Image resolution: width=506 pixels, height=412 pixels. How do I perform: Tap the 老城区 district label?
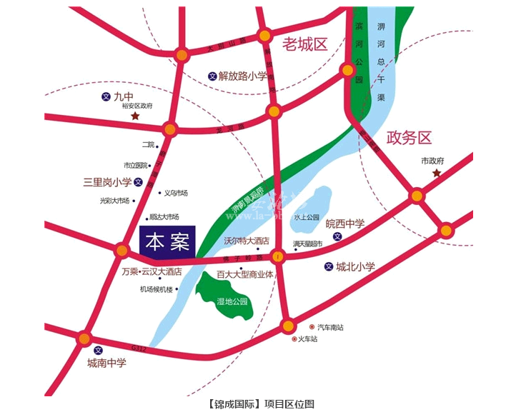point(304,45)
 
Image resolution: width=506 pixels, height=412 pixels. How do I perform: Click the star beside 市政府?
point(436,174)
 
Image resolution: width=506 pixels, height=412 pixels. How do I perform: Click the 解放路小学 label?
point(243,75)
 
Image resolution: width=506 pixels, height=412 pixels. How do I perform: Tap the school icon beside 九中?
point(106,96)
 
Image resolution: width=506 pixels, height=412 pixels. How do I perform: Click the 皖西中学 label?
point(345,223)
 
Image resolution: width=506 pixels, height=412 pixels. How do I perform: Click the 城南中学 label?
point(106,363)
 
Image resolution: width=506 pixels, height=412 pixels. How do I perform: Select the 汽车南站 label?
point(330,327)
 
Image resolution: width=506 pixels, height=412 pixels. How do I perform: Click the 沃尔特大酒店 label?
point(246,241)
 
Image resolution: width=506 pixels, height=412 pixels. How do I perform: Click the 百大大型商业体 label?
point(245,273)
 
